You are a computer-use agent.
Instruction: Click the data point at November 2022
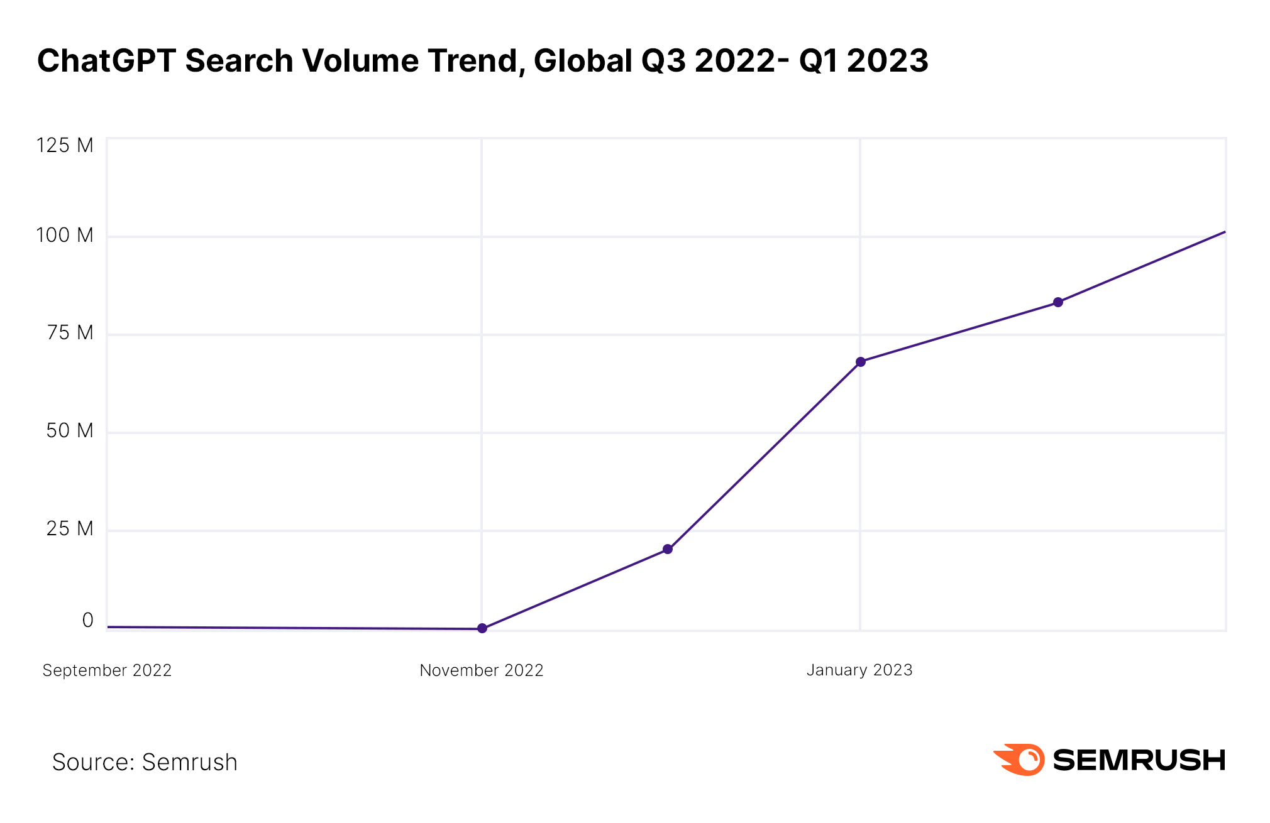tap(482, 628)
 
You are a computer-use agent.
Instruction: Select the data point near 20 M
tap(668, 549)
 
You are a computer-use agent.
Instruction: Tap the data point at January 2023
tap(861, 362)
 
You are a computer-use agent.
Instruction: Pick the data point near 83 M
tap(1058, 302)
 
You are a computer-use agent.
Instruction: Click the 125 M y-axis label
tap(65, 146)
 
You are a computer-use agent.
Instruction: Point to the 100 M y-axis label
tap(65, 236)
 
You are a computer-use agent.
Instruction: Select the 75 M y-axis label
tap(70, 333)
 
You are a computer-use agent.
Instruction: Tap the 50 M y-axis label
tap(70, 431)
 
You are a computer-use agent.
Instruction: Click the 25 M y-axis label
tap(70, 529)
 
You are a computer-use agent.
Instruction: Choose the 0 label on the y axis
tap(88, 621)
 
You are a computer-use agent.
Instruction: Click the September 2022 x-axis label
tap(107, 670)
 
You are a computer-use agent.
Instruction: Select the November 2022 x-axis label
tap(482, 670)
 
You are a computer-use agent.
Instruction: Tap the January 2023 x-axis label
tap(859, 670)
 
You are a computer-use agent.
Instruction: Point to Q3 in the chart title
tap(663, 61)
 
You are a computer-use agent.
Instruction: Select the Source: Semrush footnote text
tap(145, 762)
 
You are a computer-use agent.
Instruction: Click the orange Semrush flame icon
tap(1020, 760)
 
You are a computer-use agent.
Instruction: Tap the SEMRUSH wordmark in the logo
tap(1139, 760)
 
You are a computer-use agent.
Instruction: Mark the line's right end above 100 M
tap(1224, 232)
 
